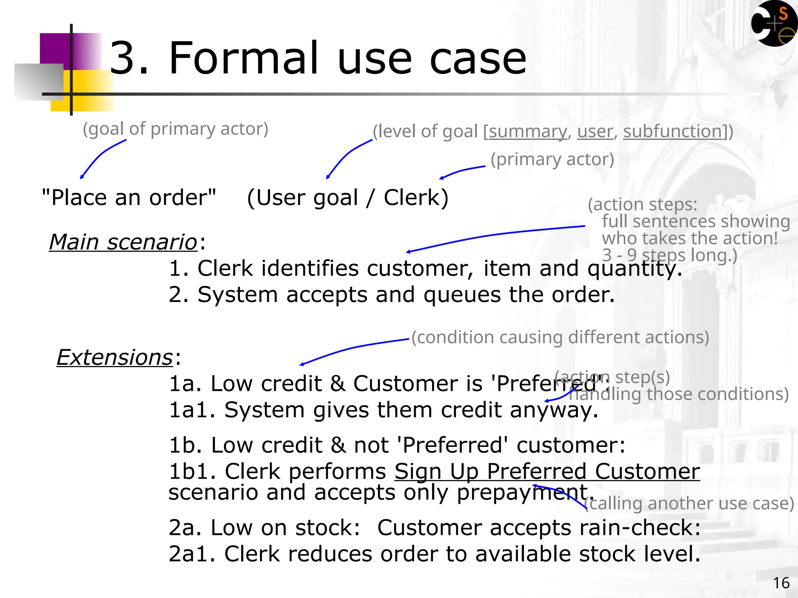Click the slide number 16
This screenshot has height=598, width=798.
[x=781, y=583]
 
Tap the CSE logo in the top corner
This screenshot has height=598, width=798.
[x=773, y=24]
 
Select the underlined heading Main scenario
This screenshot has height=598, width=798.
[x=123, y=242]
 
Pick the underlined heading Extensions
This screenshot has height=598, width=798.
[x=115, y=357]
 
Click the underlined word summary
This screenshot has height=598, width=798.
[x=528, y=132]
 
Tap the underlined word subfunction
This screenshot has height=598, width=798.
[x=673, y=132]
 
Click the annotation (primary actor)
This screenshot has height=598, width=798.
[x=552, y=160]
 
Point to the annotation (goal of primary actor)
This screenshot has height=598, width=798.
[x=175, y=129]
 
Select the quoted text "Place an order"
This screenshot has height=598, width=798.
[x=129, y=198]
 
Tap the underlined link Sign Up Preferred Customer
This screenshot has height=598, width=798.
[x=547, y=472]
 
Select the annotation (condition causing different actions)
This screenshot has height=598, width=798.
[x=560, y=338]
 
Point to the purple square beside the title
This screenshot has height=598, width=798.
[x=55, y=49]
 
